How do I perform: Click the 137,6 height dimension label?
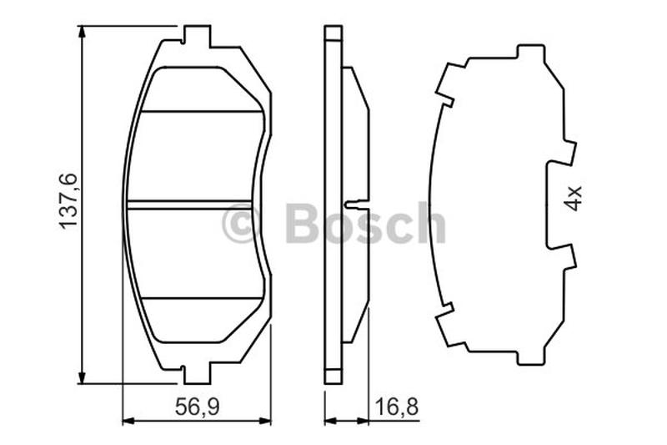[x=68, y=200]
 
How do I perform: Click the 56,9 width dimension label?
[x=197, y=407]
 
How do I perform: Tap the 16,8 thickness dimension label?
[x=397, y=407]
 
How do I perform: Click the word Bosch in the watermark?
[x=365, y=223]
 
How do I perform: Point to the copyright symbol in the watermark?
[x=241, y=223]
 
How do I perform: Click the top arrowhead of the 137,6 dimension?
[x=81, y=33]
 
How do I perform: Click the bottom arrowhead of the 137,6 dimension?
[x=81, y=376]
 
